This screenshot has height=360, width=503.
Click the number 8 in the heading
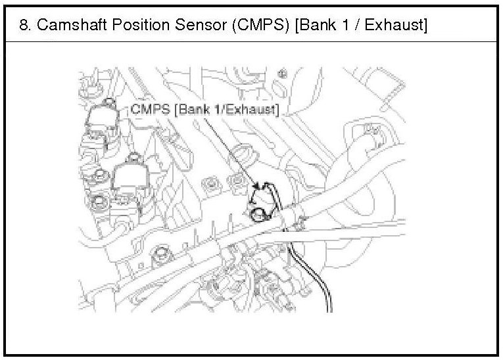point(24,26)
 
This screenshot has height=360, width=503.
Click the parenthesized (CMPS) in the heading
point(239,26)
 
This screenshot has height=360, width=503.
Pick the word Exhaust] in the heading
point(393,26)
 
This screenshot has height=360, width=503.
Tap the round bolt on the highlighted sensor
point(258,211)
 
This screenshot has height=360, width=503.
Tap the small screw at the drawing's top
point(283,72)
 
